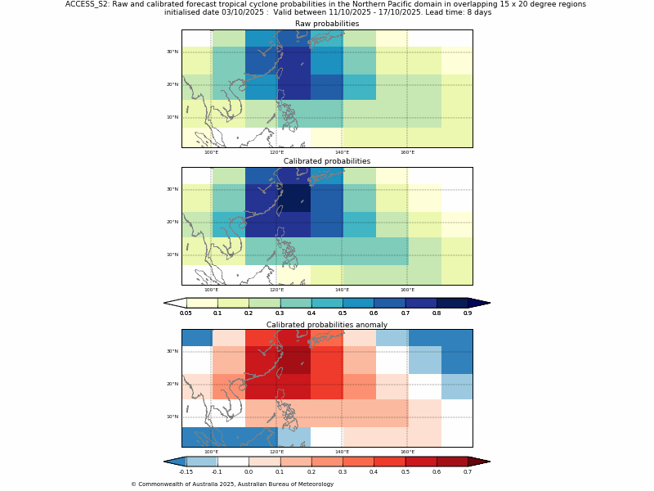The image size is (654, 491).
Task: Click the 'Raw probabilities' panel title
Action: click(327, 24)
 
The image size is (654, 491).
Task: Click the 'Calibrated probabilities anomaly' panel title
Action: click(327, 325)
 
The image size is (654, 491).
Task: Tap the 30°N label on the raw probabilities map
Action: click(172, 52)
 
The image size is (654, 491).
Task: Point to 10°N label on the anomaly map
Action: click(172, 417)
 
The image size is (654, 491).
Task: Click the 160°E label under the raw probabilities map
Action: click(407, 152)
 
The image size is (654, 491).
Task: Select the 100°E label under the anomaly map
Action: click(211, 452)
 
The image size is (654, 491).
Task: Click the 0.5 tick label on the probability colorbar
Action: click(343, 313)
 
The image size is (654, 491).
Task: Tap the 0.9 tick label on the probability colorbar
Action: click(468, 313)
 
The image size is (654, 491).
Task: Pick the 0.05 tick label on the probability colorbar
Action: click(186, 313)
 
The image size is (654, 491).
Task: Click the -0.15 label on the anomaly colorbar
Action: click(186, 471)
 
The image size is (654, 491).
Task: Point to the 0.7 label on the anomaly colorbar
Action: click(468, 471)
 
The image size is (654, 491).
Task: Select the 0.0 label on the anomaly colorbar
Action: click(249, 471)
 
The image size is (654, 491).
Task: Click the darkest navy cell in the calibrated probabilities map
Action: click(294, 198)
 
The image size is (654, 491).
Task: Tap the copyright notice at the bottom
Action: click(232, 484)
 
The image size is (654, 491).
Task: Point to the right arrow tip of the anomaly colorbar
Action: click(488, 462)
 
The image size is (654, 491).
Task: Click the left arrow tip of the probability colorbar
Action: click(166, 303)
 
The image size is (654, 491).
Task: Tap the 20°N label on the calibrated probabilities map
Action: click(172, 222)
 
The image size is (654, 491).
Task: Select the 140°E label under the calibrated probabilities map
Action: click(342, 290)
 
